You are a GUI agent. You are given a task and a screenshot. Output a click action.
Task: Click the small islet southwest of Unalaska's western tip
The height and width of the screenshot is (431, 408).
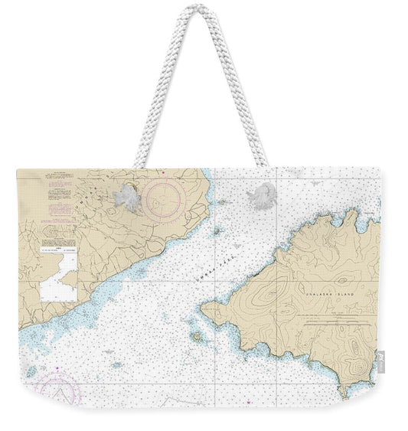click(x=198, y=335)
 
